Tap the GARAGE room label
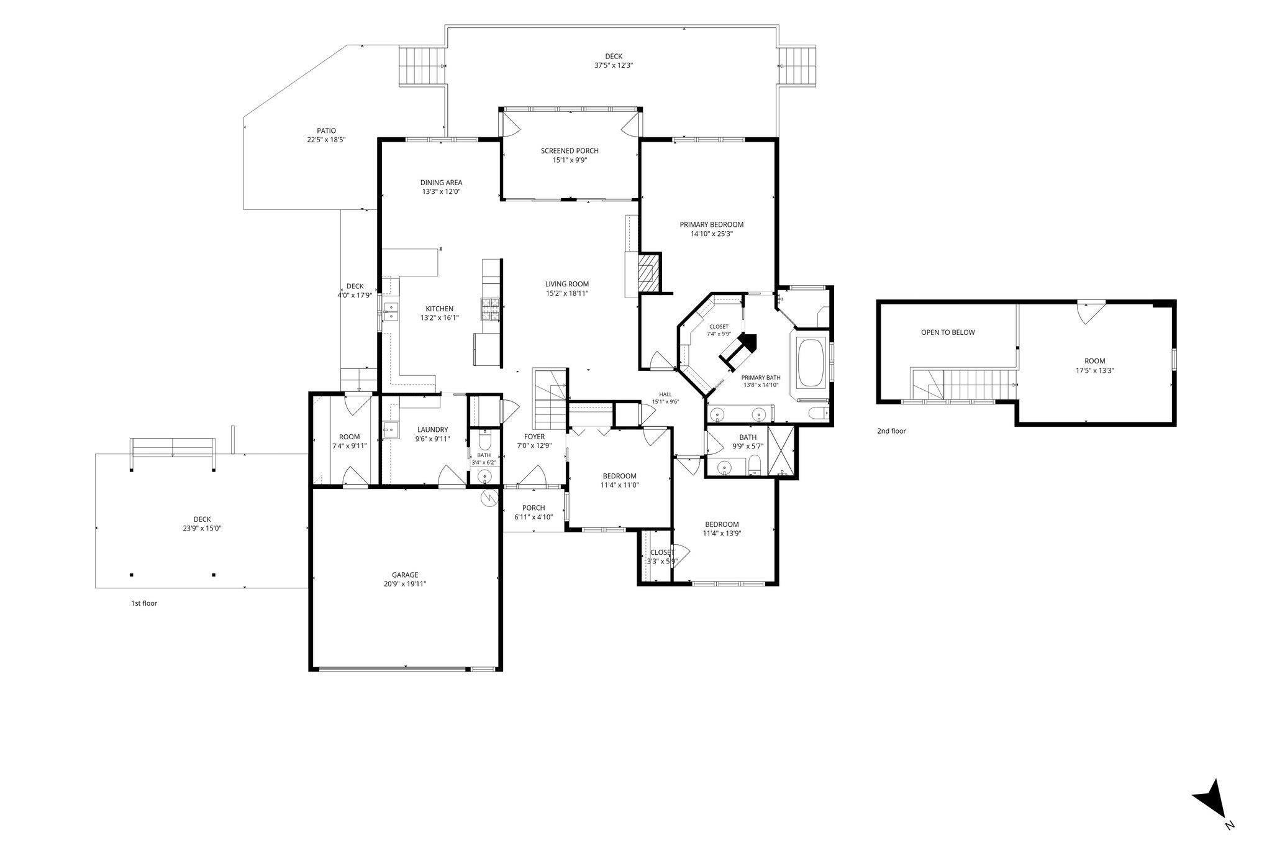pyautogui.click(x=405, y=575)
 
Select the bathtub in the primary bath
pyautogui.click(x=811, y=362)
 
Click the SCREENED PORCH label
pyautogui.click(x=570, y=151)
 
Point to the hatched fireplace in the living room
pyautogui.click(x=648, y=272)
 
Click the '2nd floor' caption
pyautogui.click(x=891, y=431)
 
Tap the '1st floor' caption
pyautogui.click(x=143, y=603)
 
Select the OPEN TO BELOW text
pyautogui.click(x=948, y=332)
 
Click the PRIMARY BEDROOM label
pyautogui.click(x=711, y=225)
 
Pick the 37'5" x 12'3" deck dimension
pyautogui.click(x=614, y=65)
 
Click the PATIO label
pyautogui.click(x=326, y=130)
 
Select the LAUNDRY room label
pyautogui.click(x=432, y=430)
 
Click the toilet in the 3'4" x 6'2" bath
pyautogui.click(x=485, y=440)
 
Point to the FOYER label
pyautogui.click(x=534, y=437)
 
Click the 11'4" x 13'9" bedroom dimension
pyautogui.click(x=722, y=533)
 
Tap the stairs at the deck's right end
pyautogui.click(x=797, y=66)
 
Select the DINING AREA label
pyautogui.click(x=441, y=183)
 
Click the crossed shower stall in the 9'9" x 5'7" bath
pyautogui.click(x=781, y=451)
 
